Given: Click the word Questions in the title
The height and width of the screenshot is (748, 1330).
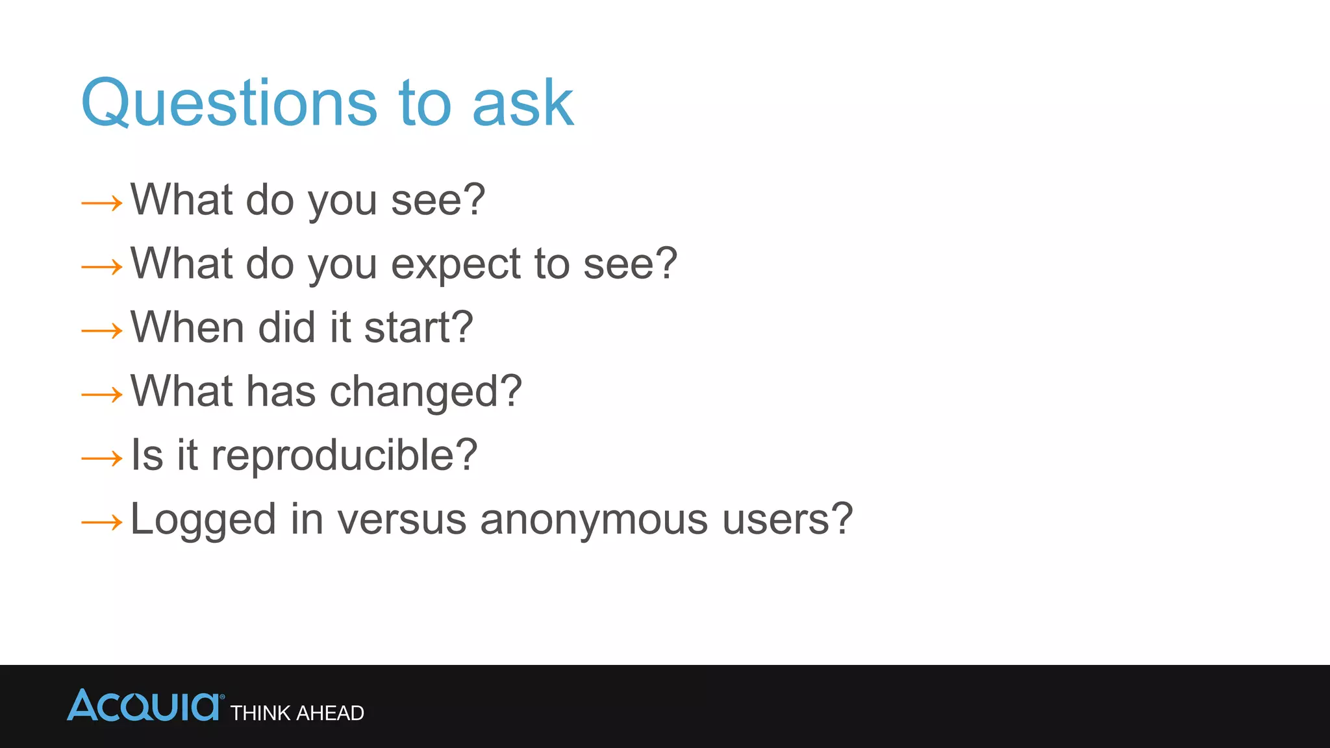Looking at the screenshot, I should (x=229, y=104).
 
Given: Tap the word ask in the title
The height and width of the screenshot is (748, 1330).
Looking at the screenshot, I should (x=523, y=104).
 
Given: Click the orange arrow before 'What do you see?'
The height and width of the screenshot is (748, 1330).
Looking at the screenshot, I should (x=102, y=203).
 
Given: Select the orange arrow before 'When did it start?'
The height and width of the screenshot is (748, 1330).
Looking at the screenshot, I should (x=102, y=331).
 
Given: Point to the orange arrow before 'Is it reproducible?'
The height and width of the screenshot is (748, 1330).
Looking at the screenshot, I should (x=102, y=459).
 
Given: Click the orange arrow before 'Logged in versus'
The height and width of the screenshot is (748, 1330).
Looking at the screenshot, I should (x=102, y=522).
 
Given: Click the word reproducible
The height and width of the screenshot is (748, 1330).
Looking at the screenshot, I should (x=344, y=455).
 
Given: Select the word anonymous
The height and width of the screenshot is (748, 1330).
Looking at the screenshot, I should (x=594, y=519).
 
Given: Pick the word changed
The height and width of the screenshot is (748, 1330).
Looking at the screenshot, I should (x=426, y=392).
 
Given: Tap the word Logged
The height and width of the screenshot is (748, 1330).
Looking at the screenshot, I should (x=203, y=521).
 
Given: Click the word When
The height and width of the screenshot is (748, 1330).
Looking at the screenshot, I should (x=187, y=327).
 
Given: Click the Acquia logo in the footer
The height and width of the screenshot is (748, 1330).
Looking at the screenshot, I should (x=144, y=706).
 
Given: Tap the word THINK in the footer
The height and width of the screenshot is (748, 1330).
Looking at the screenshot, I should (x=260, y=713).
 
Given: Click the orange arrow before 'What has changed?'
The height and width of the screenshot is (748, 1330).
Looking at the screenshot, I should (x=102, y=395).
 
